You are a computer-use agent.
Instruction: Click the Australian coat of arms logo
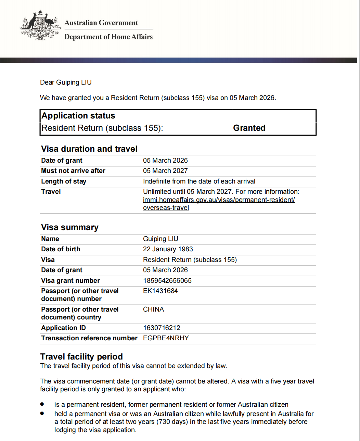pyautogui.click(x=40, y=26)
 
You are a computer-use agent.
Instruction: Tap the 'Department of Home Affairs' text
pyautogui.click(x=108, y=37)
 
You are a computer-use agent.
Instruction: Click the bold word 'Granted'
pyautogui.click(x=249, y=128)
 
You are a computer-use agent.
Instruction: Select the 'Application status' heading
pyautogui.click(x=78, y=116)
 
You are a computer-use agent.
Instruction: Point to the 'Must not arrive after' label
pyautogui.click(x=73, y=171)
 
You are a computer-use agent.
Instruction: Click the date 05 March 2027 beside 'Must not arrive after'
pyautogui.click(x=165, y=171)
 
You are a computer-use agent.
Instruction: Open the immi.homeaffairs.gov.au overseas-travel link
pyautogui.click(x=219, y=200)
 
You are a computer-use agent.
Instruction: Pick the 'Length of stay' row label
pyautogui.click(x=64, y=181)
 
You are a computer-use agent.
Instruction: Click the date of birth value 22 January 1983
pyautogui.click(x=168, y=249)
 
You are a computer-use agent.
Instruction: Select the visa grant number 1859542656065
pyautogui.click(x=167, y=280)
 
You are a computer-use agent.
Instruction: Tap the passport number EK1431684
pyautogui.click(x=160, y=291)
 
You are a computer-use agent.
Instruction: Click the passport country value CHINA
pyautogui.click(x=153, y=309)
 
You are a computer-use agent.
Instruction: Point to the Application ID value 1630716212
pyautogui.click(x=162, y=328)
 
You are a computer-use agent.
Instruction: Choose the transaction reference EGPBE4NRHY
pyautogui.click(x=166, y=338)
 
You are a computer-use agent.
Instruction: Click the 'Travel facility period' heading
pyautogui.click(x=81, y=356)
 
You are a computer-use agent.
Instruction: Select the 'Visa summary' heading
pyautogui.click(x=70, y=227)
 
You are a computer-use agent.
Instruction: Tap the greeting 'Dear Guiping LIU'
pyautogui.click(x=66, y=82)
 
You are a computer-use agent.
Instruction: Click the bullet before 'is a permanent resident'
pyautogui.click(x=42, y=404)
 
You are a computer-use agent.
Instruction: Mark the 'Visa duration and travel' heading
pyautogui.click(x=89, y=149)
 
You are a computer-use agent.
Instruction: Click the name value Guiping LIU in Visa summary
pyautogui.click(x=160, y=239)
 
